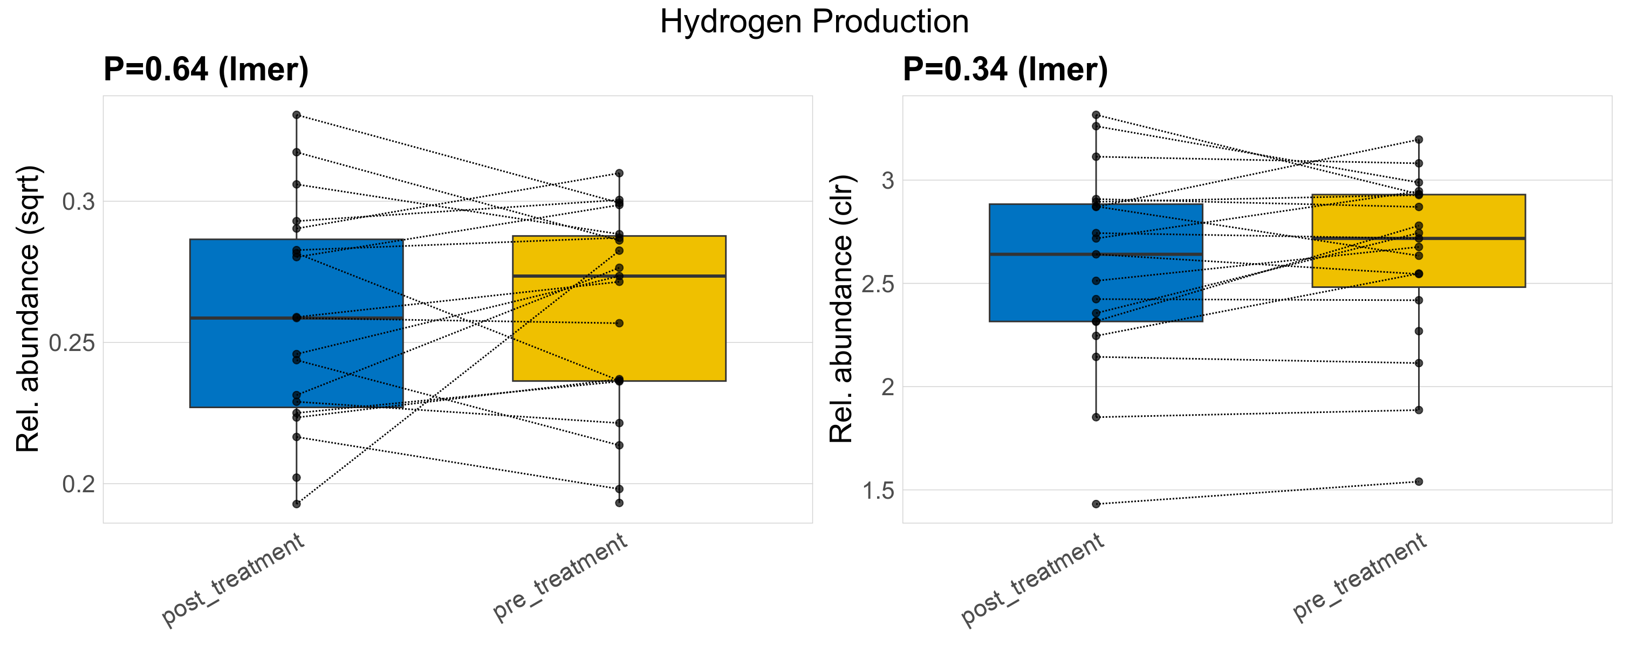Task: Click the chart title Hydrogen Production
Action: (814, 22)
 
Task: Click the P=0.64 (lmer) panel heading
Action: (206, 70)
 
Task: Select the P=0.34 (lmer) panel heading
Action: (1005, 70)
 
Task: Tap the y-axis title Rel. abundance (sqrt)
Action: (28, 309)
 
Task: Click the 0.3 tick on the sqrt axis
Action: (78, 202)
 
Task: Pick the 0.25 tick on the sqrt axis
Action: (72, 343)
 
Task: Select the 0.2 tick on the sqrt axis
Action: (78, 485)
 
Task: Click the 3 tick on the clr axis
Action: (888, 181)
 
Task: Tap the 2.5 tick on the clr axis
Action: (878, 284)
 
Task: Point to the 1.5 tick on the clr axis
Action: (878, 490)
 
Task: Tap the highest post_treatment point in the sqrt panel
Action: (297, 115)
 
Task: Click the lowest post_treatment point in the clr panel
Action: (1096, 504)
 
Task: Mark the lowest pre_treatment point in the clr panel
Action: (1419, 481)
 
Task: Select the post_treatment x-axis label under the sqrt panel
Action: (232, 580)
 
